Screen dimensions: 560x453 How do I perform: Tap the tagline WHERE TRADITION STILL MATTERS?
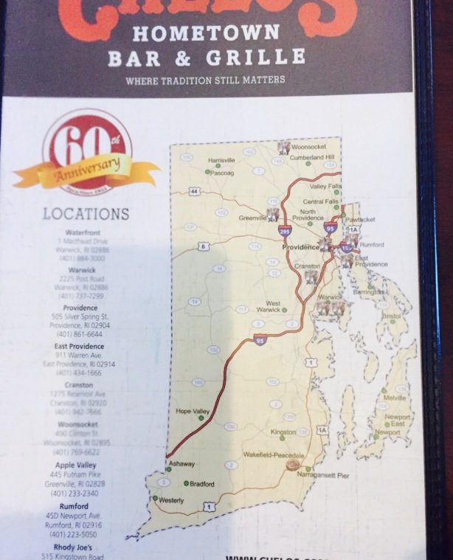[204, 80]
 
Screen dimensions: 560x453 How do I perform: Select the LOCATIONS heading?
[86, 214]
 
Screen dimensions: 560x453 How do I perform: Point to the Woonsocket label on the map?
[308, 147]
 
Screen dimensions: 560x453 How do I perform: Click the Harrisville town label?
[221, 160]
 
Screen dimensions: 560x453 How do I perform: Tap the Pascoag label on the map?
[222, 173]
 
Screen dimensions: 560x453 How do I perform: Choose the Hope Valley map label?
[193, 411]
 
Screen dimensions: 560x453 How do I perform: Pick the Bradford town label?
[201, 484]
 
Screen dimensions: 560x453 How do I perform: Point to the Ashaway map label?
[182, 463]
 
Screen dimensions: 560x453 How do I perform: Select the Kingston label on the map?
[283, 432]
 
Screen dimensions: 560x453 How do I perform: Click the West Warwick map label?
[273, 307]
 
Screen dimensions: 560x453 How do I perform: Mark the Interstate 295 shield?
[285, 231]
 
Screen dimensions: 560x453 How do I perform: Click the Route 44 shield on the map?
[194, 192]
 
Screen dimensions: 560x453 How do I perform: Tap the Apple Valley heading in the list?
[76, 466]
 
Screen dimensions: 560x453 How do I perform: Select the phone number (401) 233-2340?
[77, 493]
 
